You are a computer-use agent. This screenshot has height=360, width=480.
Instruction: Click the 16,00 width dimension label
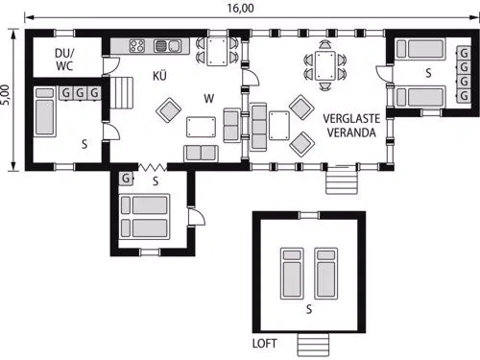coord(241,8)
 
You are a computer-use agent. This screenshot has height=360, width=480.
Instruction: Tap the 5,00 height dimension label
coord(6,95)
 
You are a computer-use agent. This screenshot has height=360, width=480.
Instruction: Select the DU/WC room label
coord(64,60)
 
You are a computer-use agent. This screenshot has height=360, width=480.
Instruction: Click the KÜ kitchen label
coord(159,76)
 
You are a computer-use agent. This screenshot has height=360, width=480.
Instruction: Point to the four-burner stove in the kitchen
coord(137,46)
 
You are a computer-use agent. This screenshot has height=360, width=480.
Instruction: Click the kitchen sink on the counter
coord(167,46)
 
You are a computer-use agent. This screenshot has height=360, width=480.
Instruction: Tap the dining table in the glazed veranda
coord(325,65)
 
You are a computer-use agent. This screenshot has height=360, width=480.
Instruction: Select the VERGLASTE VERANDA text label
coord(351,126)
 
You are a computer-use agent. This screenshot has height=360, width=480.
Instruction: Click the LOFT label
coord(264,344)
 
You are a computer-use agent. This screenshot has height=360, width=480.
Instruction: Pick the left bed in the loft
coord(292,274)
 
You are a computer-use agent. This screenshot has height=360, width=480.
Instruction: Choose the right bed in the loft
coord(326,274)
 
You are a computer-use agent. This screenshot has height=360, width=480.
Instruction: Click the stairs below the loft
coord(313,345)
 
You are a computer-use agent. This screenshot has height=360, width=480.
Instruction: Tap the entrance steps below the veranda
coord(342,180)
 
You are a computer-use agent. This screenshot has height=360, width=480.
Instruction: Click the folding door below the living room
coord(153,167)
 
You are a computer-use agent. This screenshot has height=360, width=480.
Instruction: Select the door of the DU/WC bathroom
coord(110,66)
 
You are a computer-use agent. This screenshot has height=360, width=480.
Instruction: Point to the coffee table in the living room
coord(201,127)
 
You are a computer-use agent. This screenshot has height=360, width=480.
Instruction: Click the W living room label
coord(209,99)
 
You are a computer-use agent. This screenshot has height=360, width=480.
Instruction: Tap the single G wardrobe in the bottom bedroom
coord(126,179)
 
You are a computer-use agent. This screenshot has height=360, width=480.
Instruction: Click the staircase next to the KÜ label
coord(122,92)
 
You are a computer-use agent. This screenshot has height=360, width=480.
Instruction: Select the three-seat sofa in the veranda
coord(258,127)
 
